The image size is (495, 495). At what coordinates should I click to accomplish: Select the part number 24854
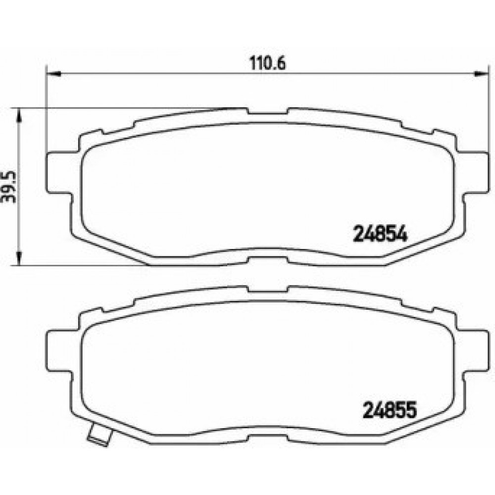point(380,233)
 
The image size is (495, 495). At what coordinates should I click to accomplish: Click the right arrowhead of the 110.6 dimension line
point(481,75)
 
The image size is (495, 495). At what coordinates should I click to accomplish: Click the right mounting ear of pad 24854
point(474,173)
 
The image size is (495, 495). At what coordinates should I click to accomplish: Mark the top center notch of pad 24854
point(267,112)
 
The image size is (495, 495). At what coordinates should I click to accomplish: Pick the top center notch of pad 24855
point(267,289)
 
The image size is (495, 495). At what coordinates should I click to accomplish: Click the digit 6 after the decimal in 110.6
point(284,64)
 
